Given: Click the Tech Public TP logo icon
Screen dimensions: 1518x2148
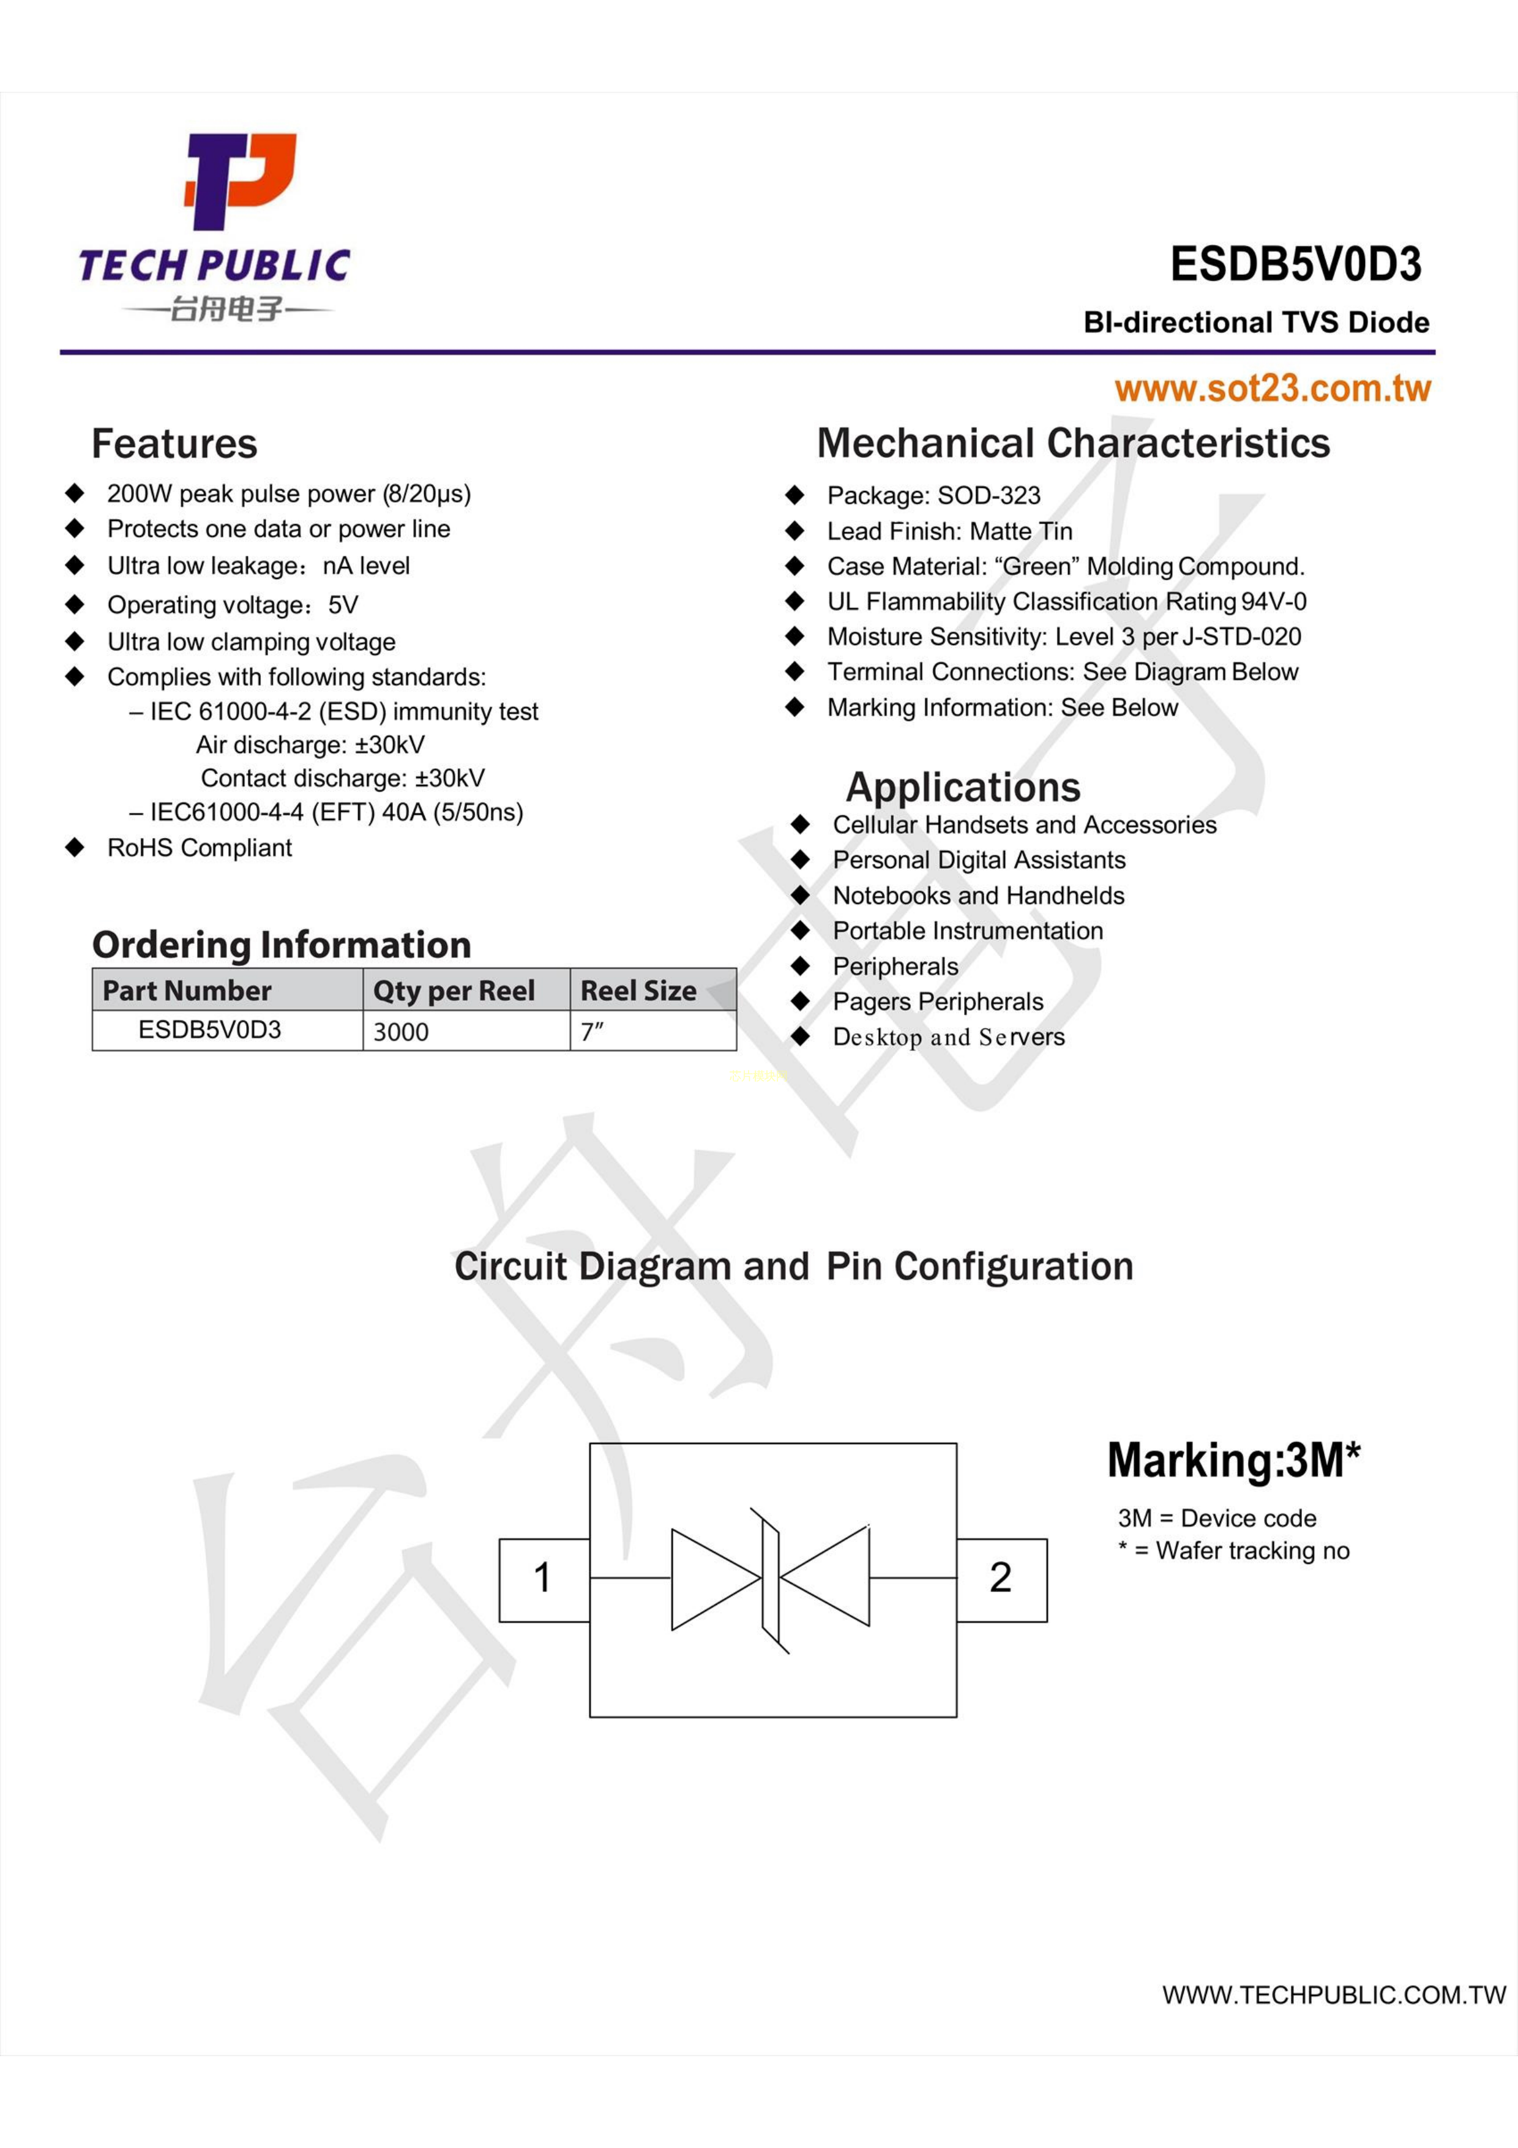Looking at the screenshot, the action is [x=241, y=181].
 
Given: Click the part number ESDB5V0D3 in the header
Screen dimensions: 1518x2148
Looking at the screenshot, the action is [x=1295, y=265].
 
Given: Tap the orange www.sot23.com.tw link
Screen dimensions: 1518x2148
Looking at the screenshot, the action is [x=1272, y=388].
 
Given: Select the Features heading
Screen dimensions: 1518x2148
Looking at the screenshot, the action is [x=174, y=443].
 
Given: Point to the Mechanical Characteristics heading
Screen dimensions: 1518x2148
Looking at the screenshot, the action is [x=1073, y=443].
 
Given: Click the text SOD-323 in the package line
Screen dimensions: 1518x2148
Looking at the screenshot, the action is [x=989, y=495].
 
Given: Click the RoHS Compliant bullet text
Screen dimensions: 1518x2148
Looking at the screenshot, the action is [x=199, y=848].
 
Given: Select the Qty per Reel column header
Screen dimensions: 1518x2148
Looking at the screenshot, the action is [x=454, y=990].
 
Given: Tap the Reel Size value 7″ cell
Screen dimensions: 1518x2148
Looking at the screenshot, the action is [x=653, y=1031].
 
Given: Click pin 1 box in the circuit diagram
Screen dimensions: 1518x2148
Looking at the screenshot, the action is [x=544, y=1579].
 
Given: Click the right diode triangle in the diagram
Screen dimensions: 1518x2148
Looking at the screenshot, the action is [x=825, y=1577].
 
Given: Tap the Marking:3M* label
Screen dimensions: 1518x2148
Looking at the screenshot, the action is [x=1233, y=1461].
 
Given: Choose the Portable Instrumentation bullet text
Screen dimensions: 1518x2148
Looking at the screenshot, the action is [x=968, y=931].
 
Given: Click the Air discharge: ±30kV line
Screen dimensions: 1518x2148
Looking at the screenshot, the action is [x=310, y=745].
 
